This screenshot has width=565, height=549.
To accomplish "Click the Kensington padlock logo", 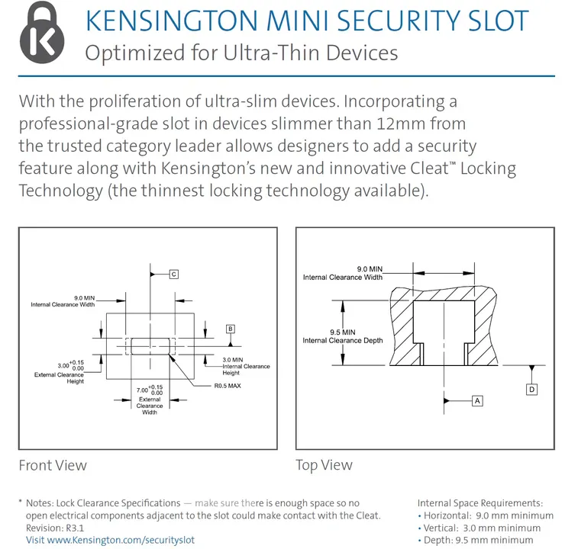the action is (42, 32).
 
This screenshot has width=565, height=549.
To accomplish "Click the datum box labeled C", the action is (174, 274).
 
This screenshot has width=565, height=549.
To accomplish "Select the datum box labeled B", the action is (231, 329).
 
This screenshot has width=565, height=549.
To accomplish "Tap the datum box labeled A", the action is (477, 401).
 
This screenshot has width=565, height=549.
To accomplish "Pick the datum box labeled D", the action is (532, 390).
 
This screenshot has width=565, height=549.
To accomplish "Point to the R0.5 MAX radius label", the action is (228, 386).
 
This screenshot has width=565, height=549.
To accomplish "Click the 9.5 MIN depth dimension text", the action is (343, 332).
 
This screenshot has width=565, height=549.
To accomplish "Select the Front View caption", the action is (53, 465).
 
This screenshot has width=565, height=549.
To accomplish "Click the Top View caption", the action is (324, 465).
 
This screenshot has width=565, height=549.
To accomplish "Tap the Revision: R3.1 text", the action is (55, 528).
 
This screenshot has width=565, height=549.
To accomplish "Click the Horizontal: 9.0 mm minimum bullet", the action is (486, 515).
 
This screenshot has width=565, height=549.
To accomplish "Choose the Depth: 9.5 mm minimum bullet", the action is (475, 540).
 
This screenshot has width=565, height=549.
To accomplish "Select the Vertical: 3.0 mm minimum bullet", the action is (479, 528).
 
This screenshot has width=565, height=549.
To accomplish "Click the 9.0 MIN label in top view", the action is (370, 269).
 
